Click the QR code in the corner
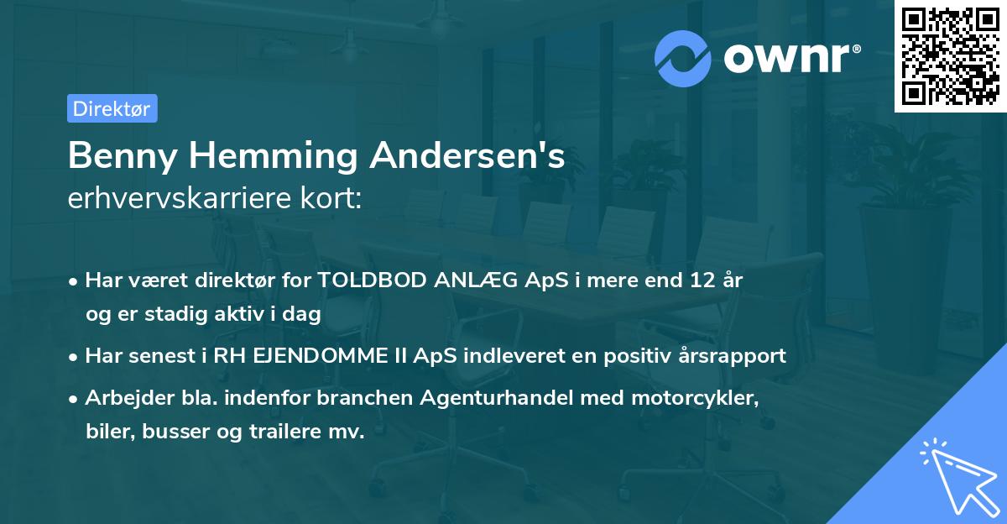click(950, 55)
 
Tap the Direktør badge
click(112, 108)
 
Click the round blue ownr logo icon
click(684, 58)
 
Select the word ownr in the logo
click(789, 59)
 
